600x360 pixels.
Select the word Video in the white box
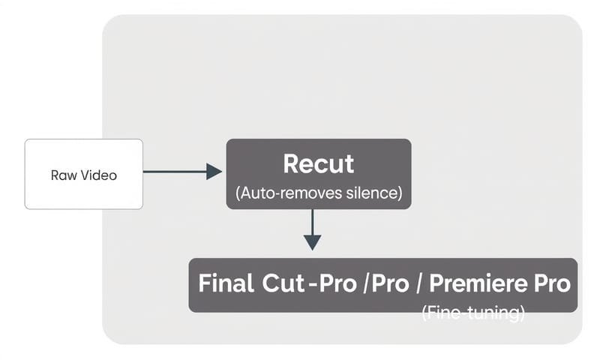click(100, 175)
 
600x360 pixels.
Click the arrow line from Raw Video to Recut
click(172, 172)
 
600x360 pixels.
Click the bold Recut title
click(319, 163)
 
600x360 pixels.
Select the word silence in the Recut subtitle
click(372, 193)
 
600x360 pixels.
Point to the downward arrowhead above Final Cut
click(312, 241)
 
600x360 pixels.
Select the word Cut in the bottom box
click(283, 284)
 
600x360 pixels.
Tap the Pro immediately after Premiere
click(554, 284)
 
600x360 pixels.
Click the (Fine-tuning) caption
click(472, 313)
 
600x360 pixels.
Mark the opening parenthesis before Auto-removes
click(238, 193)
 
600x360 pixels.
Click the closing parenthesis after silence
click(400, 193)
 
